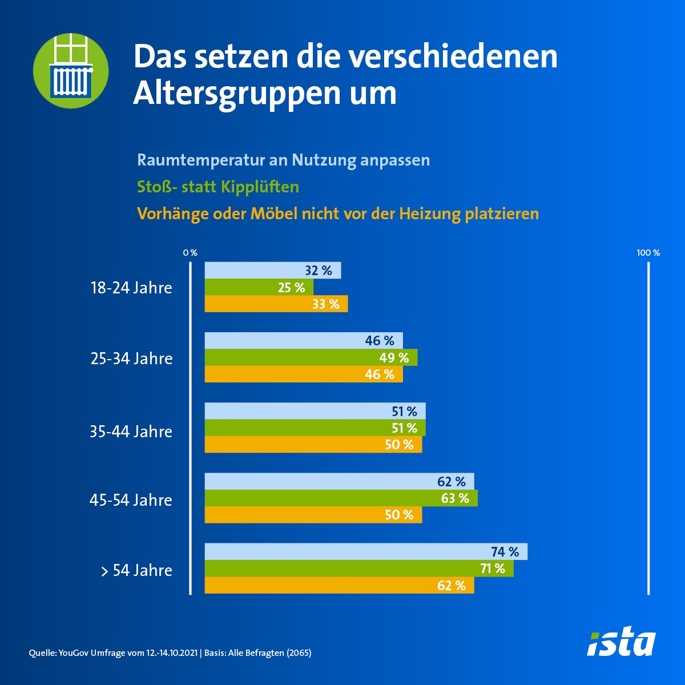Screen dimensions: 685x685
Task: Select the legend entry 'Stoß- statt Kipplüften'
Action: click(218, 187)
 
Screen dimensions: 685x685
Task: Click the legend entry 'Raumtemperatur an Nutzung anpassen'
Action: click(283, 160)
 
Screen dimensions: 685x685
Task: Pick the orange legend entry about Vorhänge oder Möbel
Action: click(338, 213)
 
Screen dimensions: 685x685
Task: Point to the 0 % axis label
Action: click(190, 253)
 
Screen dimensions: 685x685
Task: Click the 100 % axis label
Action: click(648, 253)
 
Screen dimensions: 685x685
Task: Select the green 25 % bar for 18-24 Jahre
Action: click(259, 288)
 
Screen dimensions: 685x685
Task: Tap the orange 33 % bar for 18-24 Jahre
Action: click(276, 304)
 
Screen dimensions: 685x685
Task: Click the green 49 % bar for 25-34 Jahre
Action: click(311, 358)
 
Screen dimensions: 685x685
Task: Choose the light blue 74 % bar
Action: click(366, 552)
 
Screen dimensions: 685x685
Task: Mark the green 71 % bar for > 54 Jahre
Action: click(359, 569)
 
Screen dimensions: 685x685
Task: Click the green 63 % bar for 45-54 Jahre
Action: click(341, 498)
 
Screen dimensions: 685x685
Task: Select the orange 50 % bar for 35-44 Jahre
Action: click(313, 445)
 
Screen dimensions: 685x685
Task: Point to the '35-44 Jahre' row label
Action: click(131, 432)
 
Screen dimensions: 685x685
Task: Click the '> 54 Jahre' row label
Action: click(136, 570)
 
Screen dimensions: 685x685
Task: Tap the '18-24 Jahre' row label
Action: click(131, 288)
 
